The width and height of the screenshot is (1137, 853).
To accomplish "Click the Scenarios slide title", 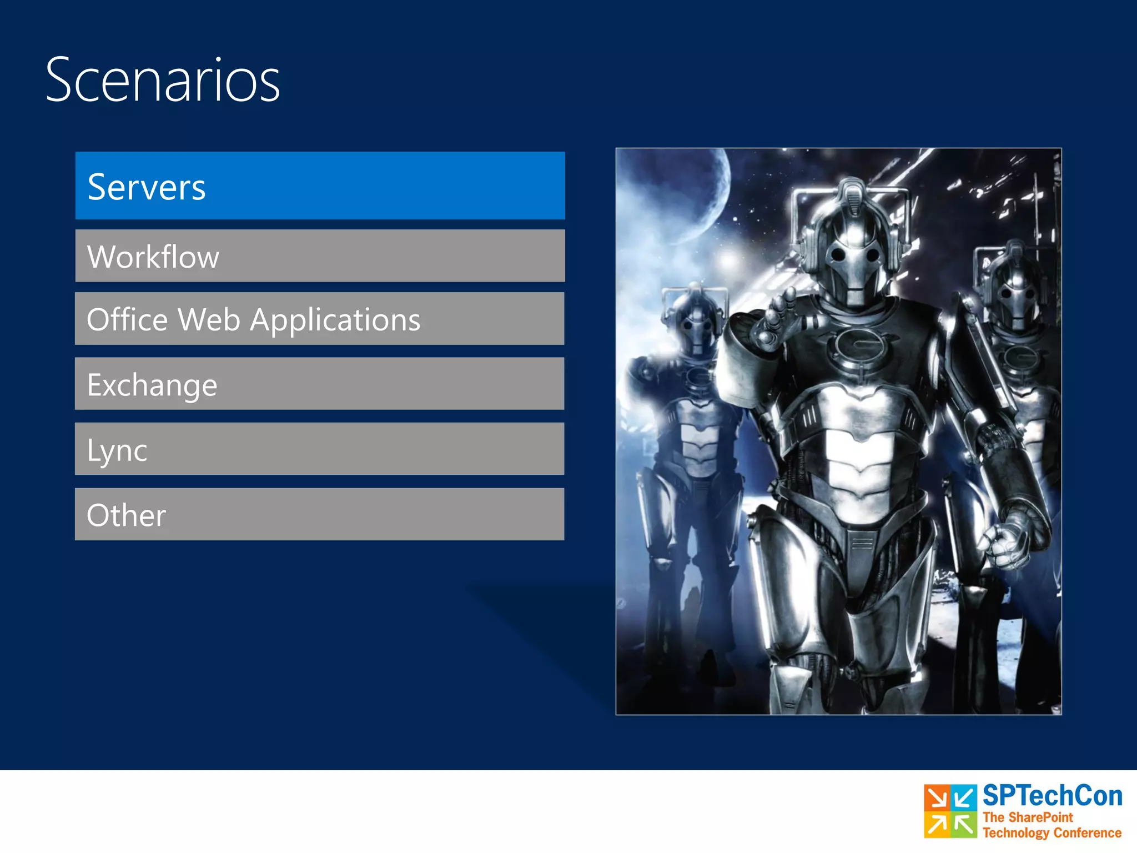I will coord(163,81).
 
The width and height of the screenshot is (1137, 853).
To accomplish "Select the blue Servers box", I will coord(320,185).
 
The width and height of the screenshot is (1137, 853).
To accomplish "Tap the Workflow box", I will coord(320,256).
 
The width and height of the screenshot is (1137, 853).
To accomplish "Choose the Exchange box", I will coord(320,384).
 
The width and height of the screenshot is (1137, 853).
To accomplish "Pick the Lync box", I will coord(320,449).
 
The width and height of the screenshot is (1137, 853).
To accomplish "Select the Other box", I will coord(320,514).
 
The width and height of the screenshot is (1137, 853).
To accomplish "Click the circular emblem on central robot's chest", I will coord(858,344).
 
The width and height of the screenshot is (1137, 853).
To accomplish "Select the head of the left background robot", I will coord(694,322).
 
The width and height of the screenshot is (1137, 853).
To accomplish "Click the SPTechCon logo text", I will coord(1052,796).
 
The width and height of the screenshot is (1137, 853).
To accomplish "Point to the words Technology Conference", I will coord(1052,833).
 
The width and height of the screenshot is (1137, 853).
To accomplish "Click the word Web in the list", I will coord(209,320).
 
